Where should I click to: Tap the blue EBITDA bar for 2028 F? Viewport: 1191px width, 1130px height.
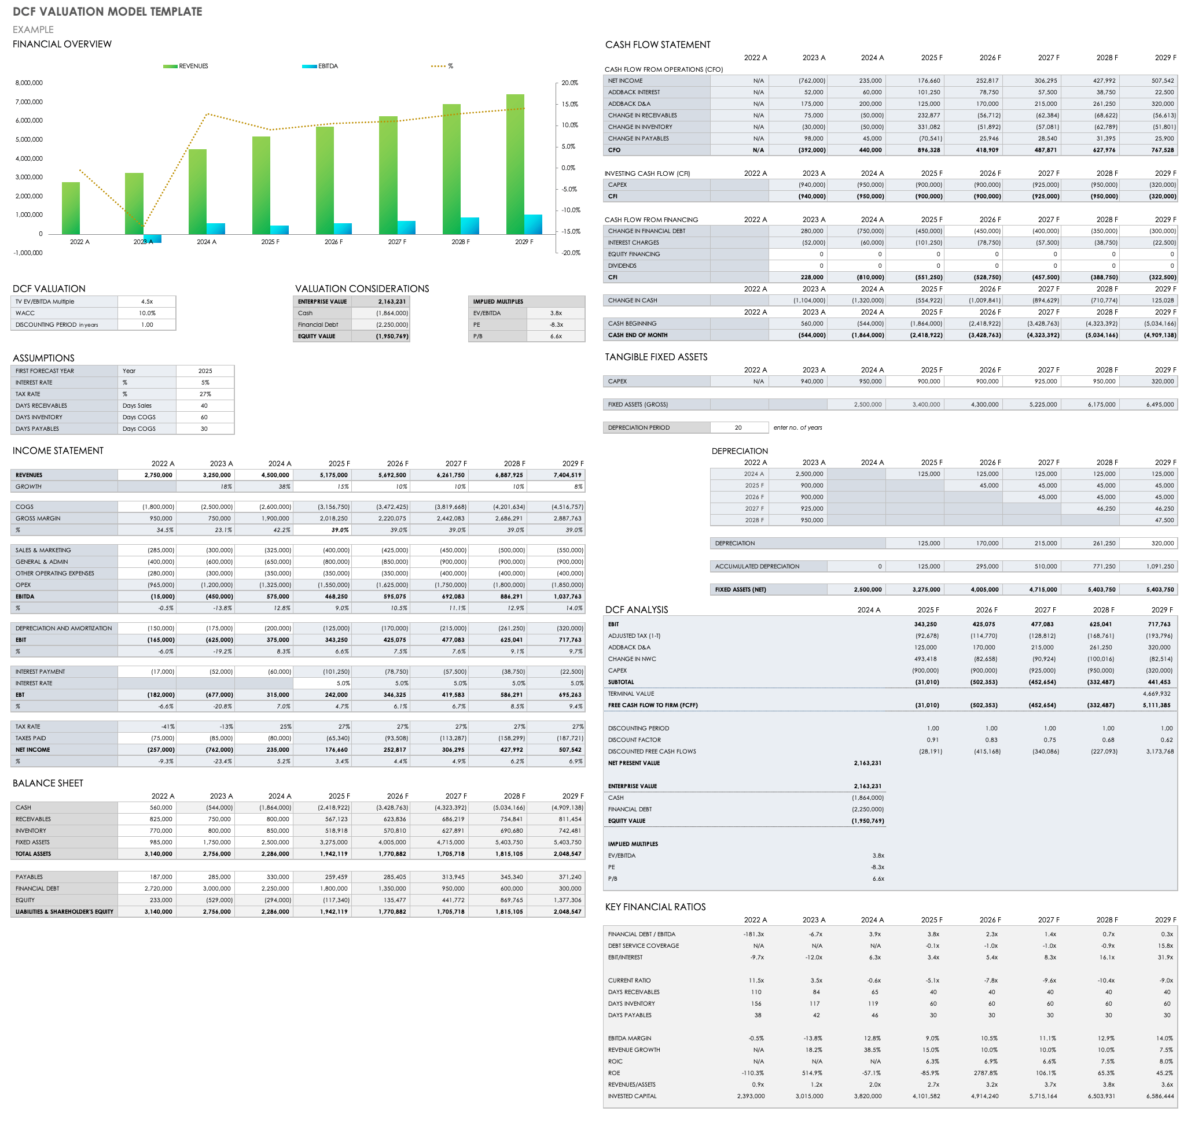469,226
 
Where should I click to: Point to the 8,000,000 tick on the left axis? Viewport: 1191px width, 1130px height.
29,83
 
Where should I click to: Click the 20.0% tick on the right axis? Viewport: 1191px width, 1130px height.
569,83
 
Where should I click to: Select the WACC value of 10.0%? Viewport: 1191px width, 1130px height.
147,313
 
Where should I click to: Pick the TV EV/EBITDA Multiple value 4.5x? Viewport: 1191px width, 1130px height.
147,302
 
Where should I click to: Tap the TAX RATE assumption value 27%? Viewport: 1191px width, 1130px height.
205,394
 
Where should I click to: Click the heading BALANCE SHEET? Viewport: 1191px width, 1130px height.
48,783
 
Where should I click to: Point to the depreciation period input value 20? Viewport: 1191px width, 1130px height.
738,428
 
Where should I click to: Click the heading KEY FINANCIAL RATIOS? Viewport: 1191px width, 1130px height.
655,907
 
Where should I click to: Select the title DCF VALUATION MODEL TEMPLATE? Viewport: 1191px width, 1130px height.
107,12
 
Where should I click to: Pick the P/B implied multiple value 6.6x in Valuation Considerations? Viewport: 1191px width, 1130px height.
556,337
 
